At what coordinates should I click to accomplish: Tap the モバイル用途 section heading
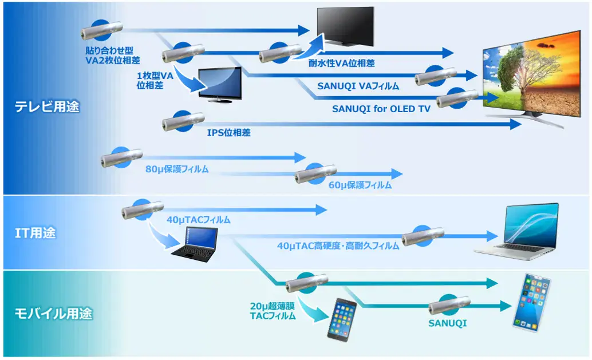(x=53, y=314)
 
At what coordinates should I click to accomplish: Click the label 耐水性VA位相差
(x=342, y=63)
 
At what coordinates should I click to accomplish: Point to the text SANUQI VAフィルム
(x=358, y=86)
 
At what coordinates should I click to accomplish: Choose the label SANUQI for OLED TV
(x=373, y=108)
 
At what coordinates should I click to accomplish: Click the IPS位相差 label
(x=228, y=133)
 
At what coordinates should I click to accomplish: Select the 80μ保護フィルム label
(x=177, y=169)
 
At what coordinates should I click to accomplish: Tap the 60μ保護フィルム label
(x=360, y=185)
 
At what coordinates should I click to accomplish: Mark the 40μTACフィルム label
(x=199, y=219)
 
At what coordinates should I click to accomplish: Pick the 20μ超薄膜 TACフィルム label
(x=273, y=311)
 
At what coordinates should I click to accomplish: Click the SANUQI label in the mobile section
(x=447, y=323)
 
